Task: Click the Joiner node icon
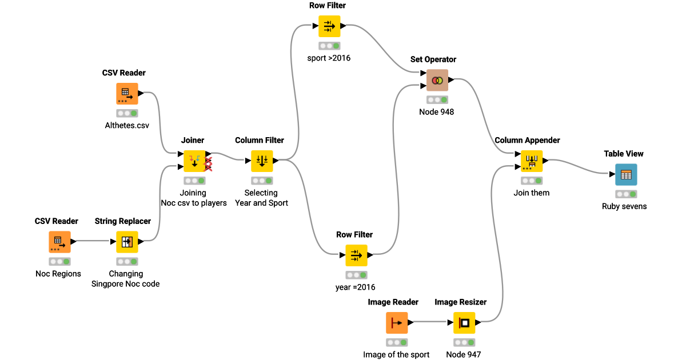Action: [x=194, y=161]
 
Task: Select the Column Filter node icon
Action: [x=262, y=161]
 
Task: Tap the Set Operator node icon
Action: [x=437, y=81]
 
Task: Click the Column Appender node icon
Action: [x=532, y=161]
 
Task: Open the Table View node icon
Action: [x=626, y=175]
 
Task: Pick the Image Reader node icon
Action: [x=397, y=323]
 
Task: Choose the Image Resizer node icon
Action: [x=464, y=323]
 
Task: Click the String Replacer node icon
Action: [x=127, y=242]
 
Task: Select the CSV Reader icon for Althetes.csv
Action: [x=127, y=94]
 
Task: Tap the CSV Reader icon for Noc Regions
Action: [x=59, y=242]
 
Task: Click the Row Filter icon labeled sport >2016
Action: [x=329, y=26]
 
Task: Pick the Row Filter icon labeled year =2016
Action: [x=356, y=255]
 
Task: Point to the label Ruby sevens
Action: [x=624, y=206]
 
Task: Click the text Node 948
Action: [x=436, y=112]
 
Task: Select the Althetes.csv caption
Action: [x=127, y=125]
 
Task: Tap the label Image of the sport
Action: [x=396, y=354]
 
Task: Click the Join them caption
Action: [x=532, y=193]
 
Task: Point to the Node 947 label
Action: [x=464, y=354]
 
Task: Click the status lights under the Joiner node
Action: [x=194, y=181]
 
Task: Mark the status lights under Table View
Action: [x=626, y=194]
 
